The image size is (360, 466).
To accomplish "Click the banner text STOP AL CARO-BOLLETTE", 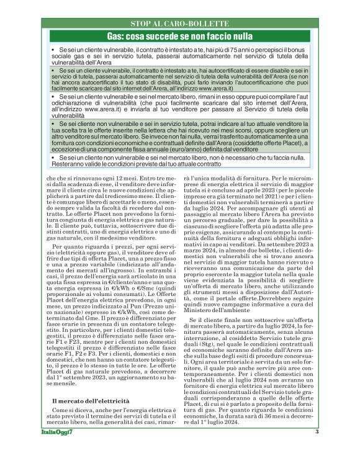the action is (x=180, y=24).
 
